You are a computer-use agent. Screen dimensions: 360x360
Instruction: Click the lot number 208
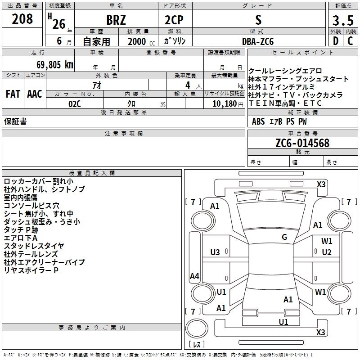click(22, 19)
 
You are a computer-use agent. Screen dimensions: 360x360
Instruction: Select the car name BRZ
click(116, 20)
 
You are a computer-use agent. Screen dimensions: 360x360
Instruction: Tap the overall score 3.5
click(343, 20)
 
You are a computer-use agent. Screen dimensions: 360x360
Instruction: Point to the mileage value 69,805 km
click(55, 64)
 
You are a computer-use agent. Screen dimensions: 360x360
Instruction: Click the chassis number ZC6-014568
click(302, 143)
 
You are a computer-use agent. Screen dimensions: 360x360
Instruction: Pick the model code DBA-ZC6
click(258, 41)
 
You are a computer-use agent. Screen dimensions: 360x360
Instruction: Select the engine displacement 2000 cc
click(141, 41)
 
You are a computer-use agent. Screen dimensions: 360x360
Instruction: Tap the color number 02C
click(75, 104)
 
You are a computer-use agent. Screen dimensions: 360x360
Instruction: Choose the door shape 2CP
click(174, 20)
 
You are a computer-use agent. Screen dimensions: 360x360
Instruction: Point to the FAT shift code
click(13, 94)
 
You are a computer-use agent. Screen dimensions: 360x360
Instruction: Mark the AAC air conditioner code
click(35, 94)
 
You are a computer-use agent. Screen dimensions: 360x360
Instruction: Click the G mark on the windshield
click(284, 237)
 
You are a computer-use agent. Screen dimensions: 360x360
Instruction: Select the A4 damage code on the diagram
click(194, 276)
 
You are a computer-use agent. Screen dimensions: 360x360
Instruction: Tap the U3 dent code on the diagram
click(215, 252)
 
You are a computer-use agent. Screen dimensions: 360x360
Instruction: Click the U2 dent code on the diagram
click(327, 252)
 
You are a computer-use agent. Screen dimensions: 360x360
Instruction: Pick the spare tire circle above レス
click(197, 328)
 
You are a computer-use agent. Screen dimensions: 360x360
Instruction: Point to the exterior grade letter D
click(336, 41)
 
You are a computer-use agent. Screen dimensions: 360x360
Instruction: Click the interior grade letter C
click(350, 41)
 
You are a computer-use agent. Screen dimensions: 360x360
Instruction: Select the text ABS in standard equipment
click(258, 121)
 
